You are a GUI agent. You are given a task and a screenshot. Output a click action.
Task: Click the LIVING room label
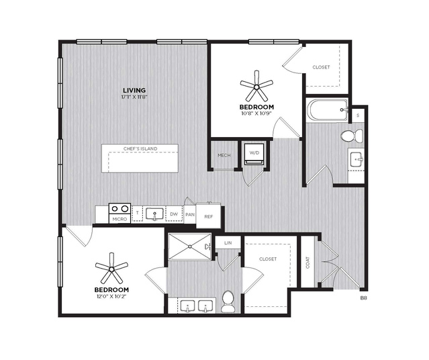tap(134, 90)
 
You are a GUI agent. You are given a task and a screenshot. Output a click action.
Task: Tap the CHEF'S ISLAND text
tap(140, 148)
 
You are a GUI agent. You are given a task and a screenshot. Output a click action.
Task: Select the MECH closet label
tap(224, 155)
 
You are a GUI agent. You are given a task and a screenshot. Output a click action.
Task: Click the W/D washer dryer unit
tap(254, 154)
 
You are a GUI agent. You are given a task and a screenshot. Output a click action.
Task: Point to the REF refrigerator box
tap(209, 216)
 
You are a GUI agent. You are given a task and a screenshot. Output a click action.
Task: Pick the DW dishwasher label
tap(174, 214)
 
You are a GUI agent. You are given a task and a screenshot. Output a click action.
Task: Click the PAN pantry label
tap(190, 215)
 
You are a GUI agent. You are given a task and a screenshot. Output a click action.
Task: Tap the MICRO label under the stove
tap(120, 219)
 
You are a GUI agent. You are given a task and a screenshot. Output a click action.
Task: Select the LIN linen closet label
tap(228, 243)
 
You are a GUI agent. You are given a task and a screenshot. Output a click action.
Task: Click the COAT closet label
tap(307, 262)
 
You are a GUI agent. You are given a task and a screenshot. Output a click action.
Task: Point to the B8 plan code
tap(363, 298)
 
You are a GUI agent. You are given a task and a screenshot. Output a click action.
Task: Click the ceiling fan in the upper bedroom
tap(256, 87)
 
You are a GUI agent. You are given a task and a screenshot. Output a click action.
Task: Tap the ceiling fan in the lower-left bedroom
tap(111, 269)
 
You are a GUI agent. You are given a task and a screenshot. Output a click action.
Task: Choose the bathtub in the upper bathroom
tap(327, 109)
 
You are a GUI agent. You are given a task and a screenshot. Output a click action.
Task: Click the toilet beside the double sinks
tap(228, 302)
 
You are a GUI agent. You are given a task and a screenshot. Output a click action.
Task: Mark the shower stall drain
tap(190, 246)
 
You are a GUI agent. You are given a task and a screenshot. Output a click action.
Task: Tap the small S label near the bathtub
tap(358, 116)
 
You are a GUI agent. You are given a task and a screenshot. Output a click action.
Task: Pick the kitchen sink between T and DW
tap(154, 214)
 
